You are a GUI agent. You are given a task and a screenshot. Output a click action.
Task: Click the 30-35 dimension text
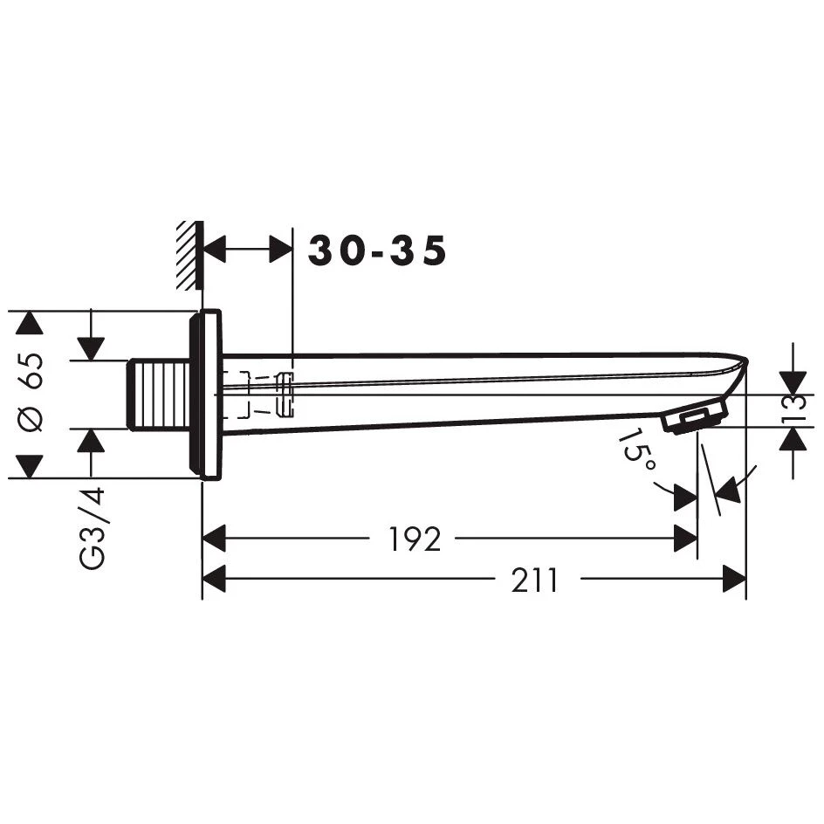(377, 251)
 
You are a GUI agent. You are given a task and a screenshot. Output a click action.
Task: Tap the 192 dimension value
(414, 539)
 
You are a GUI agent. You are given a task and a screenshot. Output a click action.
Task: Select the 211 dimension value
(534, 580)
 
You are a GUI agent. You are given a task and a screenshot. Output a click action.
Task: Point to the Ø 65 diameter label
(30, 393)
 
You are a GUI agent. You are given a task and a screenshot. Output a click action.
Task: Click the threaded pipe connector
(158, 395)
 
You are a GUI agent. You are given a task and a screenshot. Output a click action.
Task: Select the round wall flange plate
(205, 395)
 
